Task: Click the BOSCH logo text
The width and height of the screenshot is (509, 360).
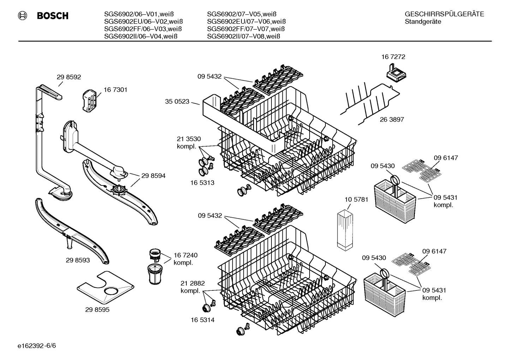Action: (52, 16)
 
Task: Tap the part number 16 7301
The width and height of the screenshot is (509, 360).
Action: (115, 90)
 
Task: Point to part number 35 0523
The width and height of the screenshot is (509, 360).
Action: (177, 102)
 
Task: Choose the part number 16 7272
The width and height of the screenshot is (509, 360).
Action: (393, 57)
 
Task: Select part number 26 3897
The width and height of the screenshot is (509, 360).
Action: (392, 119)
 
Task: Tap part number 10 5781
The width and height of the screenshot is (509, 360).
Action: (356, 200)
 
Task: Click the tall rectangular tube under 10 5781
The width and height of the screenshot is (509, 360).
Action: (345, 230)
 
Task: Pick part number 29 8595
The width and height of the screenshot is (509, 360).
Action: (97, 309)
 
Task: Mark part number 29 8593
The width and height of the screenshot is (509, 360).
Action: (78, 260)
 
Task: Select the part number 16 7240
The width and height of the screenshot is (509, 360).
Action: (185, 255)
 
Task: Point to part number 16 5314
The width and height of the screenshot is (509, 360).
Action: (202, 320)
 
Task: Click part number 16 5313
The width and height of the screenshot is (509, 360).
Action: (202, 183)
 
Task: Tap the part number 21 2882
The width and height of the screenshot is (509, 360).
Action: (192, 283)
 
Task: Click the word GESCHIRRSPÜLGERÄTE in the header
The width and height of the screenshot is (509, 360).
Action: (444, 14)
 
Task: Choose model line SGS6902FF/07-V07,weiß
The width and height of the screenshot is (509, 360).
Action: (246, 29)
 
